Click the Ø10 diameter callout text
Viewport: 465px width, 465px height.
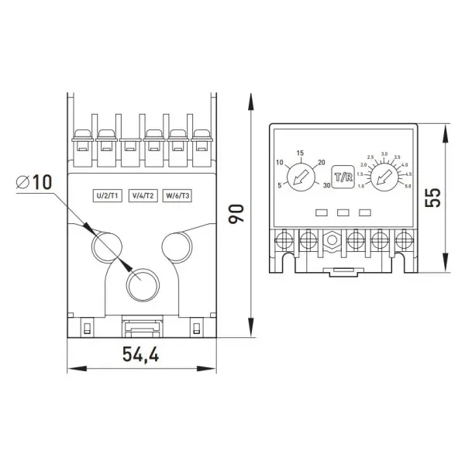click(34, 183)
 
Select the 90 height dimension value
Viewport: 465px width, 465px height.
click(236, 215)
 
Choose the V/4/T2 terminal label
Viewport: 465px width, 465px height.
click(143, 196)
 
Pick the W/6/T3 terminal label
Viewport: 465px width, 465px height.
click(177, 196)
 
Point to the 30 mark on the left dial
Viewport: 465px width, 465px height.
click(327, 186)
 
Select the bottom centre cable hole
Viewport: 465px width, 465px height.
click(142, 284)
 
